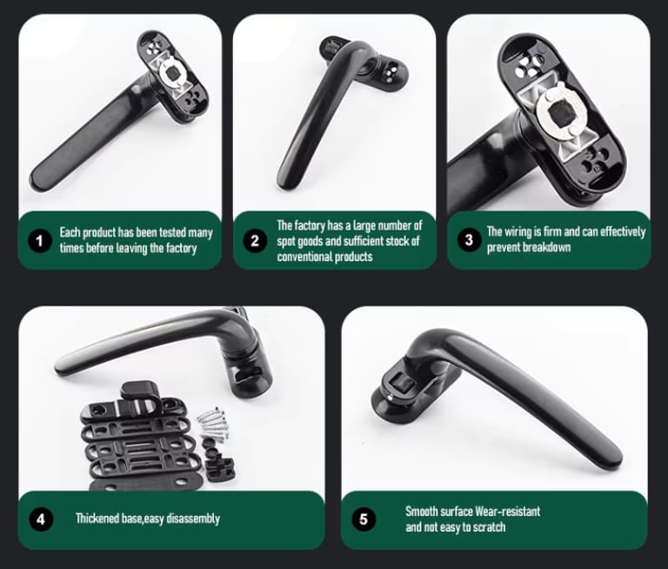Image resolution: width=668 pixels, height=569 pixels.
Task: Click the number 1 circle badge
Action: coord(40,241)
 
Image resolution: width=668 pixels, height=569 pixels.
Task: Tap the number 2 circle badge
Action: coord(255,240)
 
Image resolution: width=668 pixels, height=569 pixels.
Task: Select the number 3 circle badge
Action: coord(469,239)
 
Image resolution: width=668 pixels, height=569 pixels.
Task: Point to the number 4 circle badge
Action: coord(41,519)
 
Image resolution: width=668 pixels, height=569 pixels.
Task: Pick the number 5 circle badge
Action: coord(364,519)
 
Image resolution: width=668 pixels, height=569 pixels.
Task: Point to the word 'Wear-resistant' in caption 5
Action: coord(507,511)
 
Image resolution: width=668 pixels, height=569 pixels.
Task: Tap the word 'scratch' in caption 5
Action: coord(490,527)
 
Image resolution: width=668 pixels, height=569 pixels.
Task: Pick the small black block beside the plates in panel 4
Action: coord(219,470)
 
